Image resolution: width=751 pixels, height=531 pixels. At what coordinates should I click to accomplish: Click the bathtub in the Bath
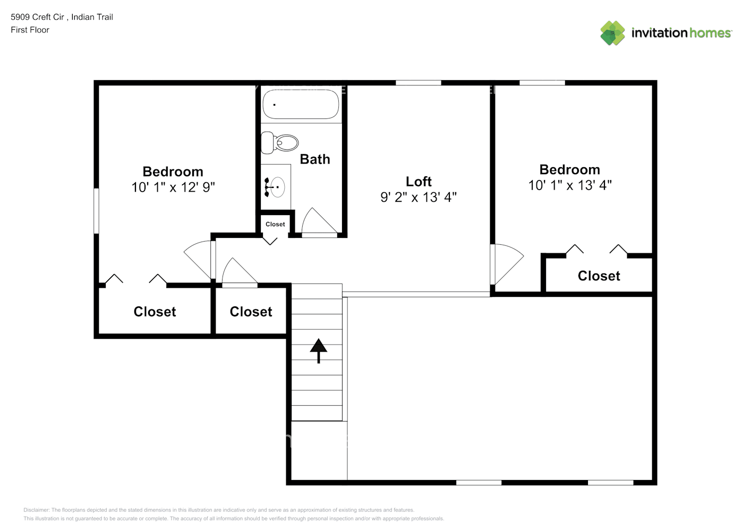click(301, 104)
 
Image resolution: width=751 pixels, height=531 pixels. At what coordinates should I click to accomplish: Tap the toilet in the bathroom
click(280, 143)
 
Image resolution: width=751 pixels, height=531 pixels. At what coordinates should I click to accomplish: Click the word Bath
click(315, 159)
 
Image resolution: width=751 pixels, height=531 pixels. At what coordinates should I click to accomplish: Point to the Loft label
click(419, 182)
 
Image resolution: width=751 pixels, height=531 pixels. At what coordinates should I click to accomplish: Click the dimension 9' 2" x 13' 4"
click(419, 198)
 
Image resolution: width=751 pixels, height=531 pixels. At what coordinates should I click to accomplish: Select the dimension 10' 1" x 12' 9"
click(173, 187)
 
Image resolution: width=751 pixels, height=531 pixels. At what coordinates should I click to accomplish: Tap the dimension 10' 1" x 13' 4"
click(570, 185)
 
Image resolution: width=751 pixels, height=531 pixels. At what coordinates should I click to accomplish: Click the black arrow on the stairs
click(319, 350)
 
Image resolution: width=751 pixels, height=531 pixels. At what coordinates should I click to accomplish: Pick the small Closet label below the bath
click(275, 224)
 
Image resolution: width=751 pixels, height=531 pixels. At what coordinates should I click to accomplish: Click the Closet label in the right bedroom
click(599, 276)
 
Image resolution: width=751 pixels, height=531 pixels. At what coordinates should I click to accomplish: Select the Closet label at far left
click(155, 312)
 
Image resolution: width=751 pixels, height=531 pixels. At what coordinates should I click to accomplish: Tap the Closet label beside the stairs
click(251, 312)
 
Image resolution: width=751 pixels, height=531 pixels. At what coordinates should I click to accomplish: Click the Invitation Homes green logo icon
click(612, 33)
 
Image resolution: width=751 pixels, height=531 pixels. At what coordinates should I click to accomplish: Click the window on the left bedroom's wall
click(97, 211)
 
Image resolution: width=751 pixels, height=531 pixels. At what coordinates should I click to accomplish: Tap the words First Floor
click(30, 30)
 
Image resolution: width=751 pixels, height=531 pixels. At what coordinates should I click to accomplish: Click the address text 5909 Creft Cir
click(37, 17)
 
